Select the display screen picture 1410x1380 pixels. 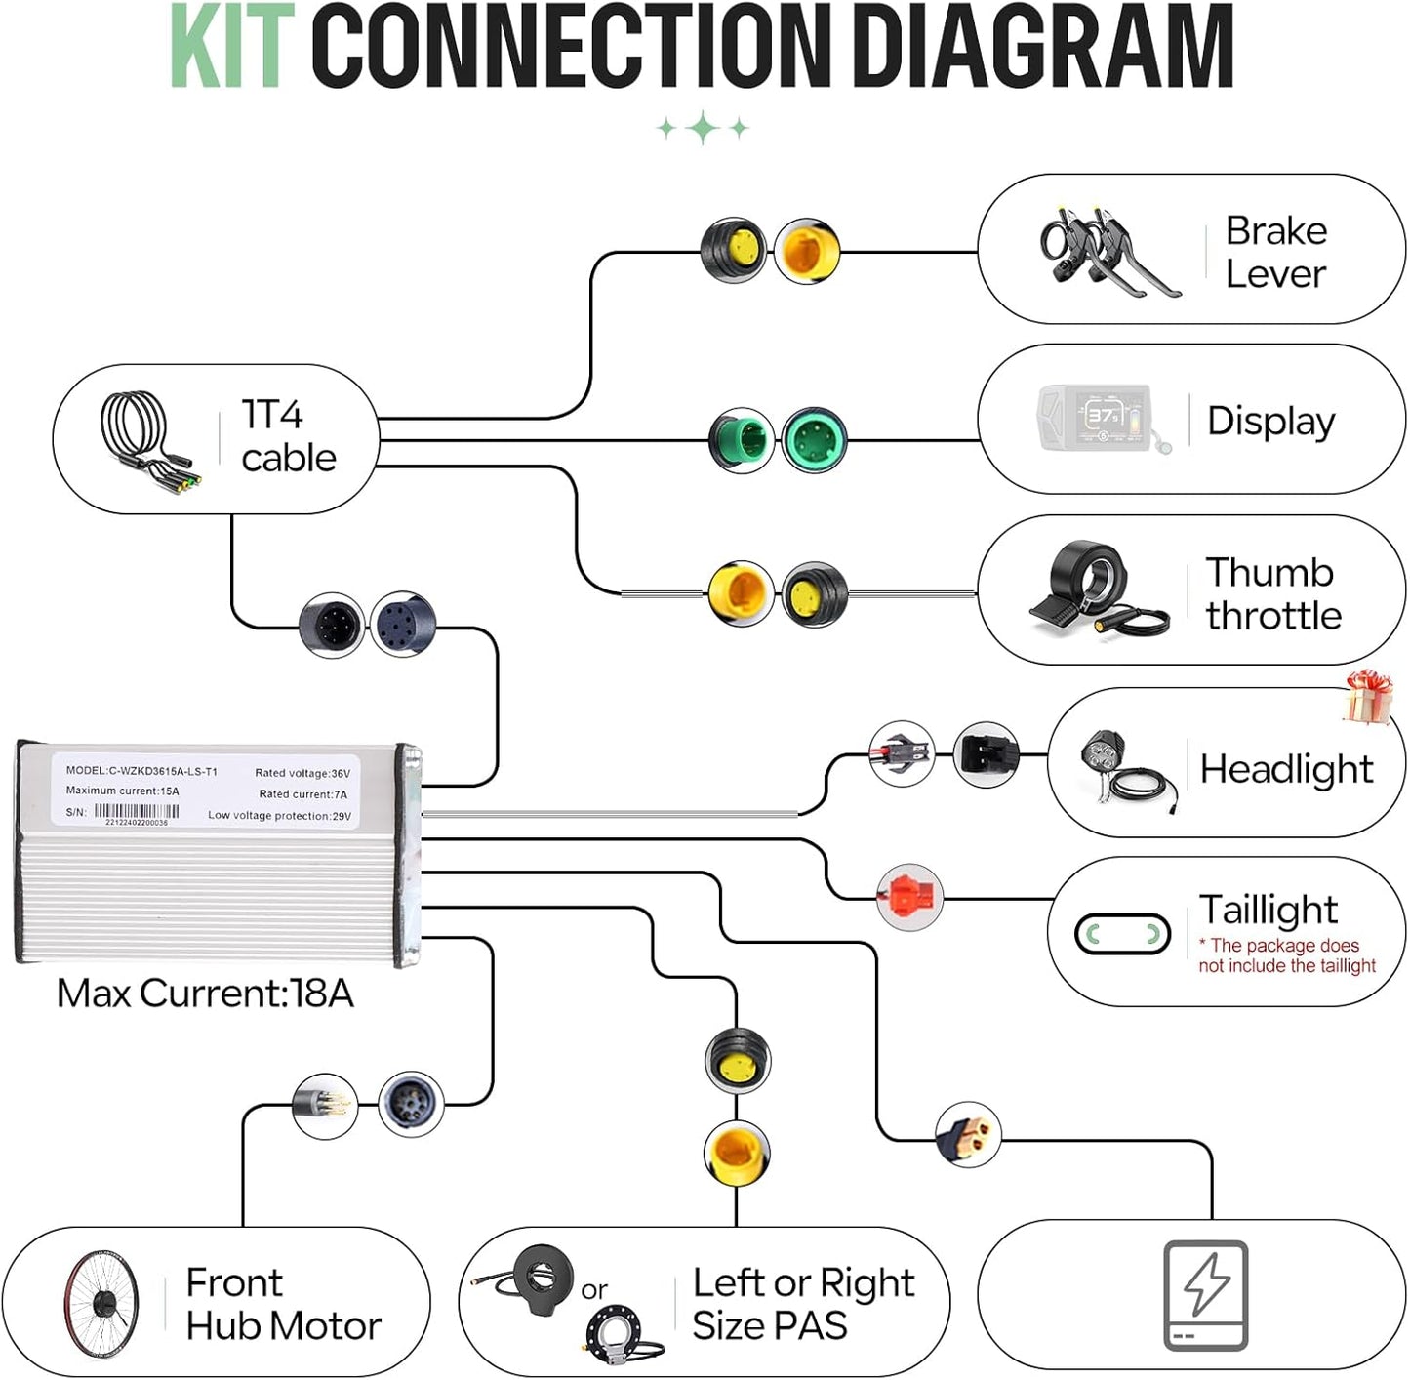pyautogui.click(x=1104, y=420)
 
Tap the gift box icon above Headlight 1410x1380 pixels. pyautogui.click(x=1369, y=697)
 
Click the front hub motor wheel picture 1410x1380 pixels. pyautogui.click(x=101, y=1304)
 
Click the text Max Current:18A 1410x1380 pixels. pyautogui.click(x=205, y=993)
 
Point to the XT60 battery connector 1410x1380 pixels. pyautogui.click(x=968, y=1135)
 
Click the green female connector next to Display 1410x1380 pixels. pyautogui.click(x=814, y=440)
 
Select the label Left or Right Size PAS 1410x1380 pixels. pyautogui.click(x=803, y=1304)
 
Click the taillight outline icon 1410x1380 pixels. pyautogui.click(x=1122, y=934)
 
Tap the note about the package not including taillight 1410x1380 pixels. pyautogui.click(x=1287, y=955)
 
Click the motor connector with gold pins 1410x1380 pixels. pyautogui.click(x=325, y=1106)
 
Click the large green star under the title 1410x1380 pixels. pyautogui.click(x=703, y=128)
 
